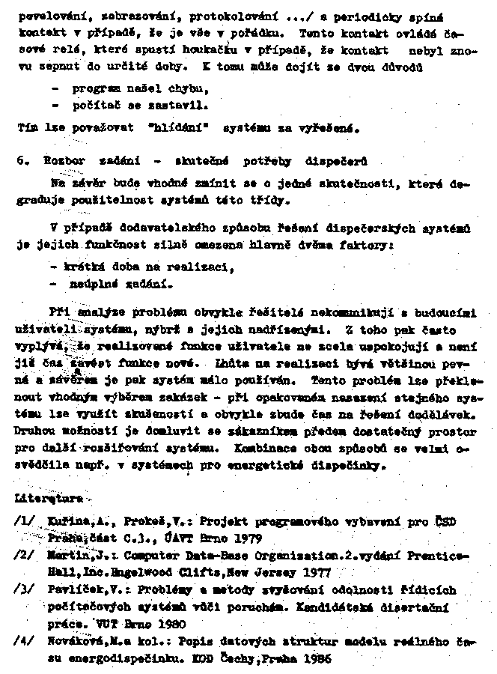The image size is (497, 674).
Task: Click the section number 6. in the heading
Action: [x=21, y=163]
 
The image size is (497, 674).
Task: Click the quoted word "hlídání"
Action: [x=177, y=127]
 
